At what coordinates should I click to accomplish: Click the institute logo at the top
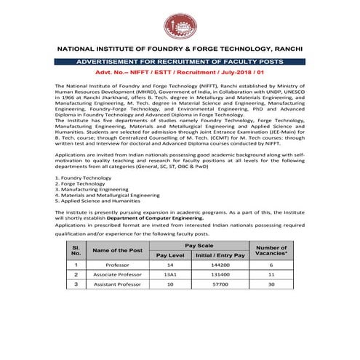point(179,26)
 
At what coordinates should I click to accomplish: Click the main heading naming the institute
point(180,49)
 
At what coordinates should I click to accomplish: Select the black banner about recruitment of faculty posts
point(180,63)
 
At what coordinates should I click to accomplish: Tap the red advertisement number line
point(179,74)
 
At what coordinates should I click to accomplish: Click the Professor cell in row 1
point(117,265)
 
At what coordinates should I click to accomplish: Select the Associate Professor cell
point(117,276)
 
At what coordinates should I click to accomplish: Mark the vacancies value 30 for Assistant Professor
point(272,285)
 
